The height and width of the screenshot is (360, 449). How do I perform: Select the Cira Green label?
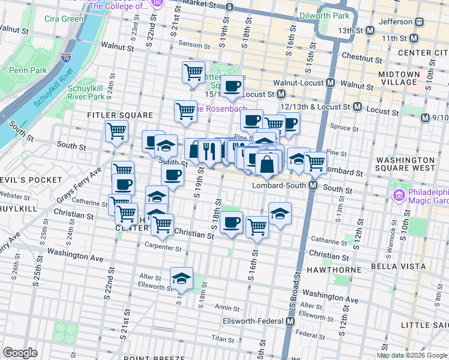(64, 19)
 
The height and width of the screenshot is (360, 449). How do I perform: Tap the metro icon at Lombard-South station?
(313, 186)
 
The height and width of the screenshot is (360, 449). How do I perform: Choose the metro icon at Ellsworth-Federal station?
(291, 321)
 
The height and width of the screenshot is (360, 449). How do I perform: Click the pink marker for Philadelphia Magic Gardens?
(398, 195)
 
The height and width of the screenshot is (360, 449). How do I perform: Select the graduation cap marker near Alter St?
(181, 277)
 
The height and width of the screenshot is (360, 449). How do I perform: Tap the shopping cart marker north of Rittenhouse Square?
(193, 72)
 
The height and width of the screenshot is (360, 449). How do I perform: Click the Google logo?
(20, 353)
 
